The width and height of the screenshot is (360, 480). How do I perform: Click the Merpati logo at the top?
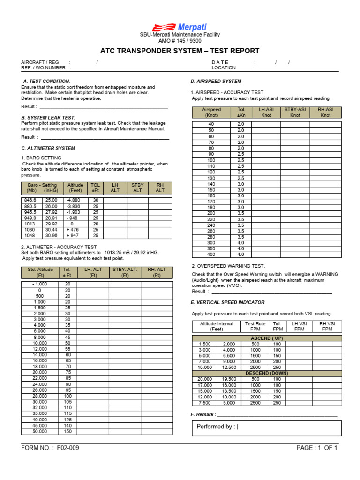[180, 27]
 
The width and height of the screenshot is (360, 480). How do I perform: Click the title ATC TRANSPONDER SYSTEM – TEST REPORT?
[180, 51]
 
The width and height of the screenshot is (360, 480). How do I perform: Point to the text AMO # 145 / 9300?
[180, 41]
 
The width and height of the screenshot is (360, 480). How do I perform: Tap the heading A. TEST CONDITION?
[47, 81]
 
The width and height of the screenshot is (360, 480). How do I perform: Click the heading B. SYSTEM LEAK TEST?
[48, 117]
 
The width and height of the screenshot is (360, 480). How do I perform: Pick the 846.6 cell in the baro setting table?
[30, 200]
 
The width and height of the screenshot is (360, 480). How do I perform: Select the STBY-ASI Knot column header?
[295, 112]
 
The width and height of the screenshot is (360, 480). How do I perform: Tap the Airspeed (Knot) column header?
[211, 112]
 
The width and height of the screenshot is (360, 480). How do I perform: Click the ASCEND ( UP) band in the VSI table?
[267, 338]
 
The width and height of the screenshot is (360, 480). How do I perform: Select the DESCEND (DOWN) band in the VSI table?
[267, 373]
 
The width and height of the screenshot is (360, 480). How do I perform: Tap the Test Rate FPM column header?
[255, 326]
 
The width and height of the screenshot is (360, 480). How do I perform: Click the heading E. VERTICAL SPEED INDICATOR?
[227, 302]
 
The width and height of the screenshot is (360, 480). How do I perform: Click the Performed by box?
[266, 427]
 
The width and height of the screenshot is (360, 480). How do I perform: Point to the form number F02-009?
[50, 448]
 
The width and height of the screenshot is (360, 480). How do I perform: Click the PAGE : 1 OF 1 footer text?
[317, 448]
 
